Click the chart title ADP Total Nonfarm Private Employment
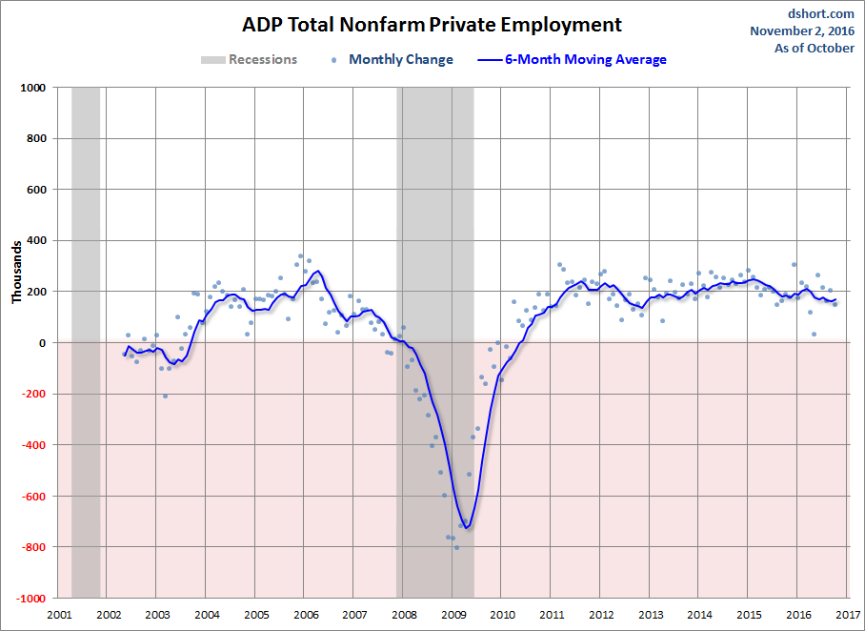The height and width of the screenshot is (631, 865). pyautogui.click(x=432, y=25)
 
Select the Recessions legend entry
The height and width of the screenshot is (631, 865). pyautogui.click(x=249, y=60)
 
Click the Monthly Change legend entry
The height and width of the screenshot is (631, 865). pyautogui.click(x=392, y=60)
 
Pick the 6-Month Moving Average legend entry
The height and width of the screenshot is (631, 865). pyautogui.click(x=573, y=60)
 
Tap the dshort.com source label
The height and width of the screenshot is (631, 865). pyautogui.click(x=820, y=13)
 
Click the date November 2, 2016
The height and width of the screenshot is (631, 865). pyautogui.click(x=802, y=31)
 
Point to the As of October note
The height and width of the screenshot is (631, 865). pyautogui.click(x=815, y=48)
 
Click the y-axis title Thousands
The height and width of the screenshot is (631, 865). pyautogui.click(x=16, y=272)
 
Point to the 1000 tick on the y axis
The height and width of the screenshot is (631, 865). pyautogui.click(x=33, y=88)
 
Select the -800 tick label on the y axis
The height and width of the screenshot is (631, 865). pyautogui.click(x=33, y=546)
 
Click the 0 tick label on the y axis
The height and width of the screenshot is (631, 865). pyautogui.click(x=43, y=342)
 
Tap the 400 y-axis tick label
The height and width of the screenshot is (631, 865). pyautogui.click(x=36, y=240)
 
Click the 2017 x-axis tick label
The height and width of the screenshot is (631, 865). pyautogui.click(x=848, y=615)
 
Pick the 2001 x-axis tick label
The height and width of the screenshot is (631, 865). pyautogui.click(x=59, y=615)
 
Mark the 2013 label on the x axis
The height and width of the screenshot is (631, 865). pyautogui.click(x=651, y=615)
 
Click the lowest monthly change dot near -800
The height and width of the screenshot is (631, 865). pyautogui.click(x=456, y=547)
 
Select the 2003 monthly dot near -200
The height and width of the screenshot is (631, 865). pyautogui.click(x=165, y=396)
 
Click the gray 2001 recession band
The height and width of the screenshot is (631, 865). pyautogui.click(x=86, y=342)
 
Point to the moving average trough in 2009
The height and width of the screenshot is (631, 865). pyautogui.click(x=466, y=528)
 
